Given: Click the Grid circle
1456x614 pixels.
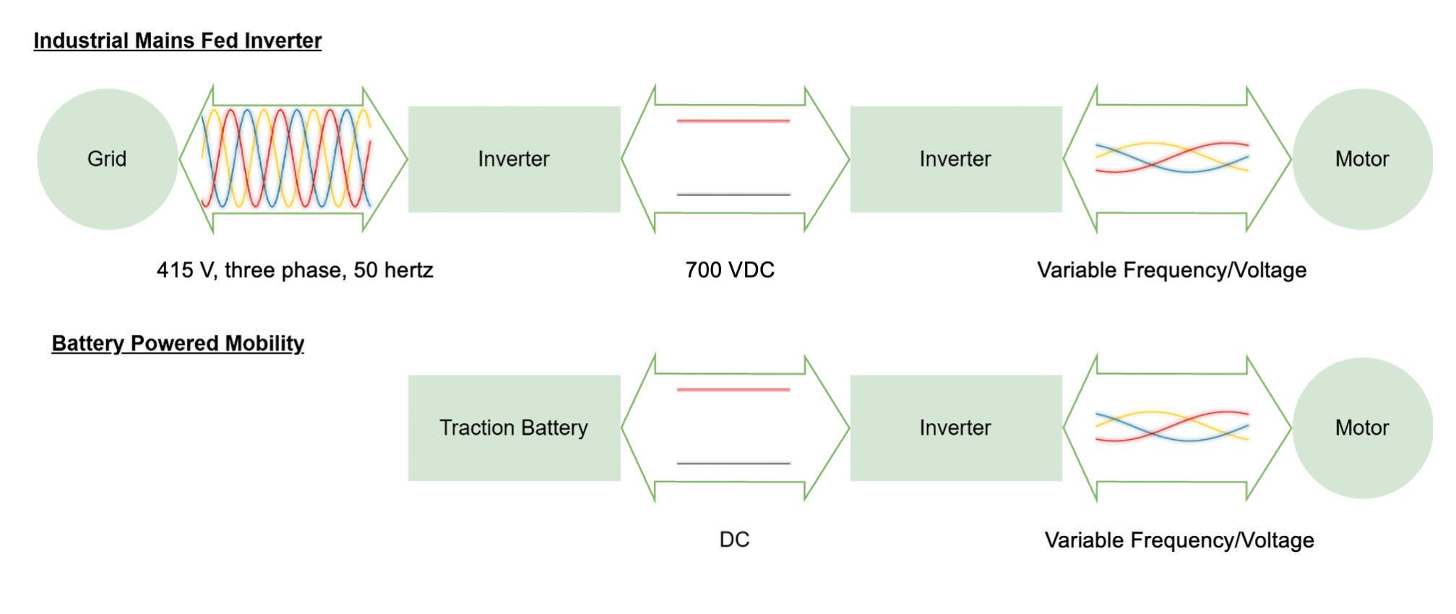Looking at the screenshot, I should pos(107,159).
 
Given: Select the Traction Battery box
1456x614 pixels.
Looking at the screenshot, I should pos(514,427).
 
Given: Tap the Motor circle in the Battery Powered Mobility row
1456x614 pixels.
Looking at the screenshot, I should pos(1362,427).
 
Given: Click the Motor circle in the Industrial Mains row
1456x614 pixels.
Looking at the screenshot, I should pos(1362,159).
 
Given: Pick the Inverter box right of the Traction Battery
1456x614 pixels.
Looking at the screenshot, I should pos(955,427).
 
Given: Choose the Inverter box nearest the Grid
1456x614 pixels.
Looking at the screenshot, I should pos(514,159).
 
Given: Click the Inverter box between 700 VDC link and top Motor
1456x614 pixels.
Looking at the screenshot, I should pos(955,159).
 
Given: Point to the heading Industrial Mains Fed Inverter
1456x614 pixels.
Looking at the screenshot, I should pos(178,40).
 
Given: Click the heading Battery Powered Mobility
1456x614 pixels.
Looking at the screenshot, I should pos(178,343).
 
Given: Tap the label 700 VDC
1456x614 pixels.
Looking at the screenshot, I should pos(730,270).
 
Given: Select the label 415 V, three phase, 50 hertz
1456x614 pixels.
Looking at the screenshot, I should pos(295,270).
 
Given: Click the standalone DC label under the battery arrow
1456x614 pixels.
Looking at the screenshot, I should pos(734,540).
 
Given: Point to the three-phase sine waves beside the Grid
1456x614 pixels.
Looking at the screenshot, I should pos(286,158).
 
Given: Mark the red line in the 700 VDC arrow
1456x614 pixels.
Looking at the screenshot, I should pos(733,121).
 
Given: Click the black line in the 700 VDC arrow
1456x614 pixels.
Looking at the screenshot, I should pos(733,195).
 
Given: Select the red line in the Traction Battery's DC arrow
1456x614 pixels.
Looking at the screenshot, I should pos(733,390).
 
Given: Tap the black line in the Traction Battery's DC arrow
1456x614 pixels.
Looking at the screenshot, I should pos(733,464).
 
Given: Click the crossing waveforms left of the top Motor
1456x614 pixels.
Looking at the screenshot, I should pos(1172,158).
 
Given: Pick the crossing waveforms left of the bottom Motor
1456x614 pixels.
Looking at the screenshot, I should pos(1172,426).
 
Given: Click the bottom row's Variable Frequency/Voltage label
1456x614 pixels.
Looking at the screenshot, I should pos(1179,540).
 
